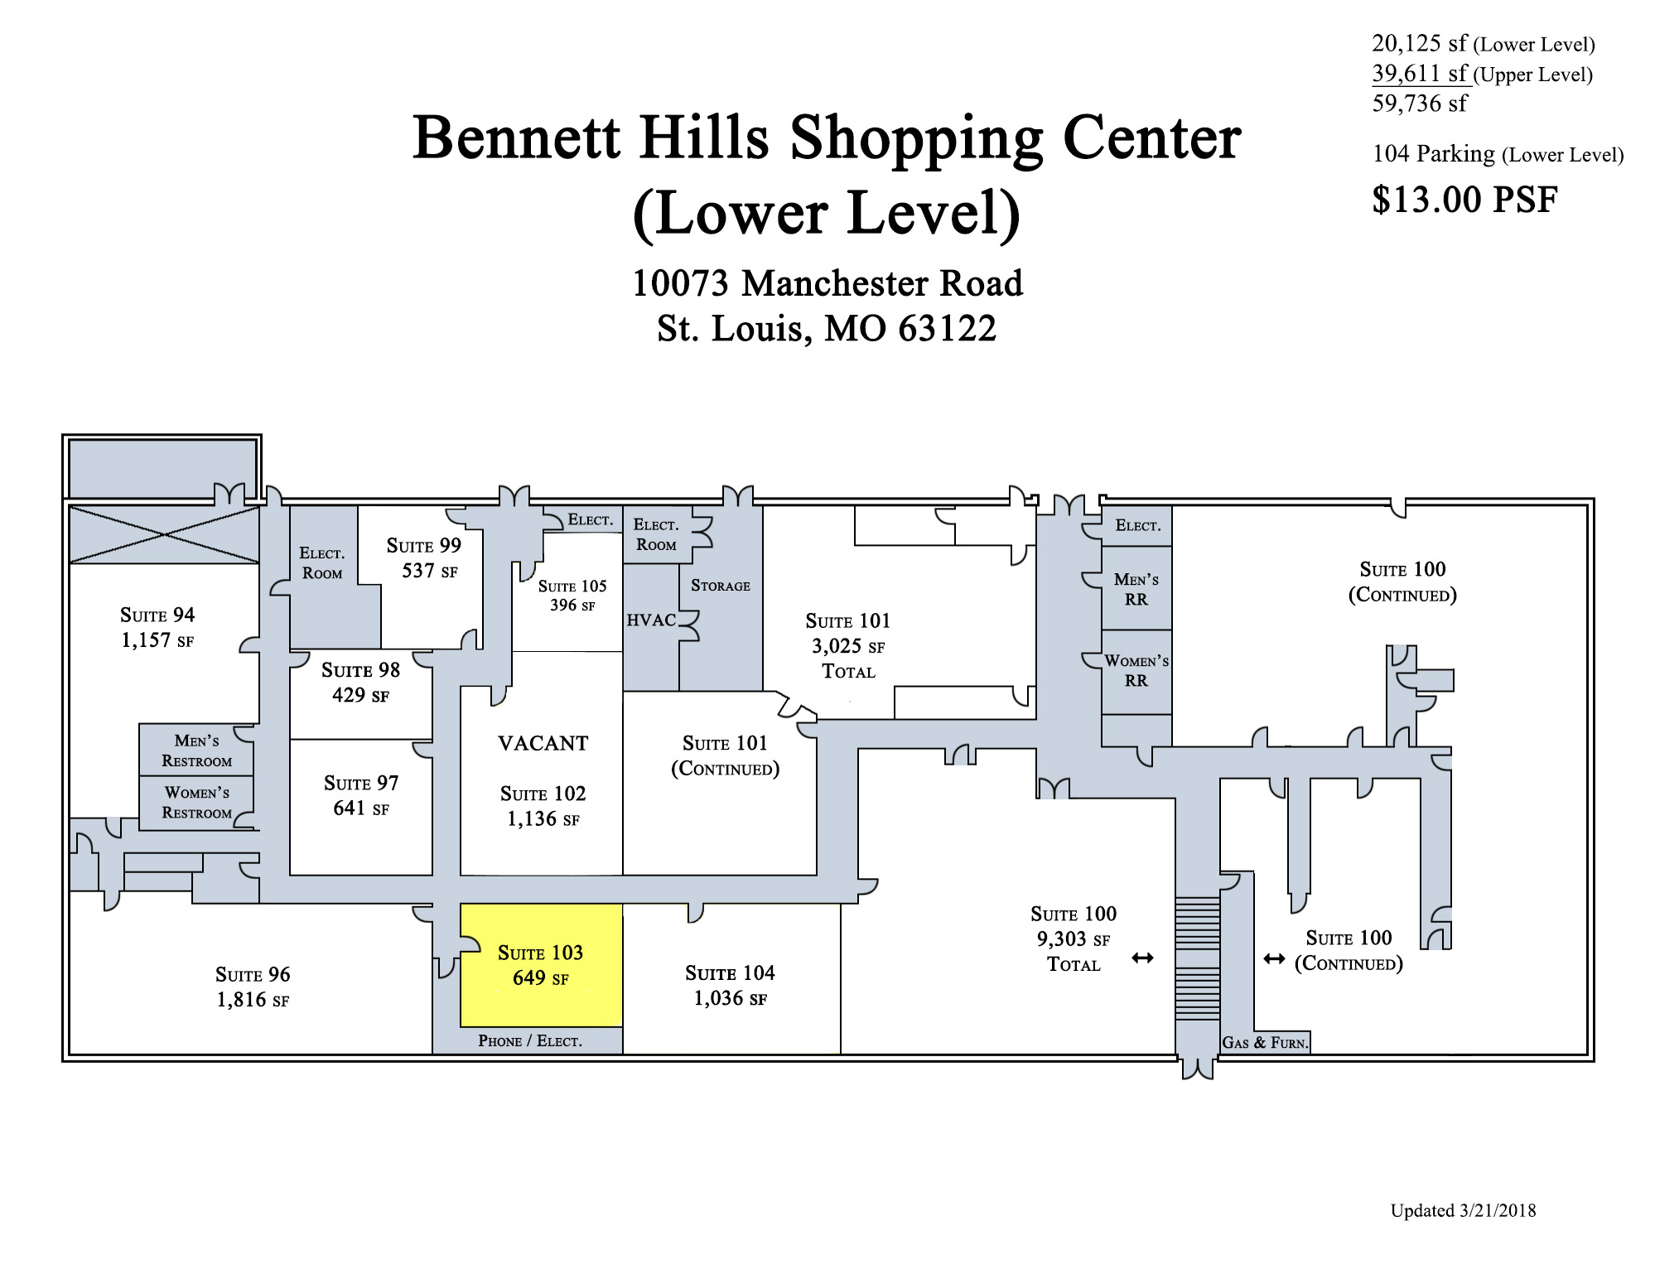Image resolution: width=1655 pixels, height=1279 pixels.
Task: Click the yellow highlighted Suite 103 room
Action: (541, 965)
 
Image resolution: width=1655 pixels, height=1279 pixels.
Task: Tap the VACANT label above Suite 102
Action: (543, 743)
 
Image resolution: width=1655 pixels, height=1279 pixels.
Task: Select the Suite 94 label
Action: (157, 615)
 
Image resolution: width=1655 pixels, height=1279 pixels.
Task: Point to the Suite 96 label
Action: (253, 974)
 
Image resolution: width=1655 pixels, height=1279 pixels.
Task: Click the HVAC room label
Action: (651, 620)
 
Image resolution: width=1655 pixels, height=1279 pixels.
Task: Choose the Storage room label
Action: (721, 586)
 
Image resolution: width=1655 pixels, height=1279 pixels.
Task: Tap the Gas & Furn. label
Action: (1265, 1043)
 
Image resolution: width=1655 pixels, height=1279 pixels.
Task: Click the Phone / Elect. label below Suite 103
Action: (530, 1040)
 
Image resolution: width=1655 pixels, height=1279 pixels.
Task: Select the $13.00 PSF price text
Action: (1464, 200)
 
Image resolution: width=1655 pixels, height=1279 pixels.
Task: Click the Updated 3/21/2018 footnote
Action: (1463, 1210)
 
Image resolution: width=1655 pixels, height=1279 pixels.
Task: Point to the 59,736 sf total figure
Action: (1420, 104)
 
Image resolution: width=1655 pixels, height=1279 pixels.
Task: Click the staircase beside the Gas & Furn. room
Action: (1197, 958)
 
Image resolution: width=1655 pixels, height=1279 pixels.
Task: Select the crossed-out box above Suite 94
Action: (164, 535)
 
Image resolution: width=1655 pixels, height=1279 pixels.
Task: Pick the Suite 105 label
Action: (572, 586)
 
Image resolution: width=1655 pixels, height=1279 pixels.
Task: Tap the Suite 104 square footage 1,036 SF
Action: (731, 998)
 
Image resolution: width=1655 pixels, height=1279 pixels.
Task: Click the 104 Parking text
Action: (1433, 154)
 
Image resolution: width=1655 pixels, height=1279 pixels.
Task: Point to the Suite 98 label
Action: (360, 669)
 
